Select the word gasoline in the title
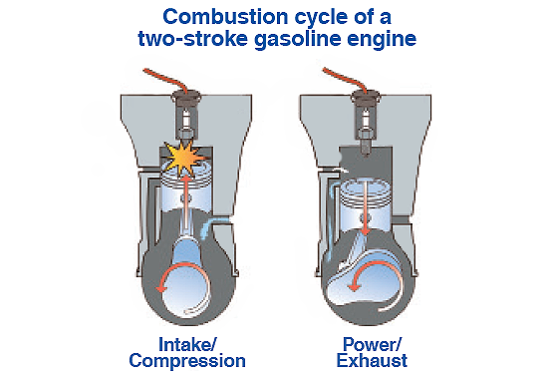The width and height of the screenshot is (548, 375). click(298, 40)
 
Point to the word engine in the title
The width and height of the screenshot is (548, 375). click(382, 40)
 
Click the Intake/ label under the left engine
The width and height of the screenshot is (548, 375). click(187, 344)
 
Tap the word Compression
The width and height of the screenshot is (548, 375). click(187, 362)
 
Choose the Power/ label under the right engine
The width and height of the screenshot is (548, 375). click(373, 344)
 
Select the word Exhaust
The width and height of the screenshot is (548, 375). click(372, 361)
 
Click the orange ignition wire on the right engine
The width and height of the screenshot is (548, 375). click(346, 79)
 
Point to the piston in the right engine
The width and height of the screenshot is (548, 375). click(366, 206)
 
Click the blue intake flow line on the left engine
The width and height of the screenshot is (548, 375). click(212, 224)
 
